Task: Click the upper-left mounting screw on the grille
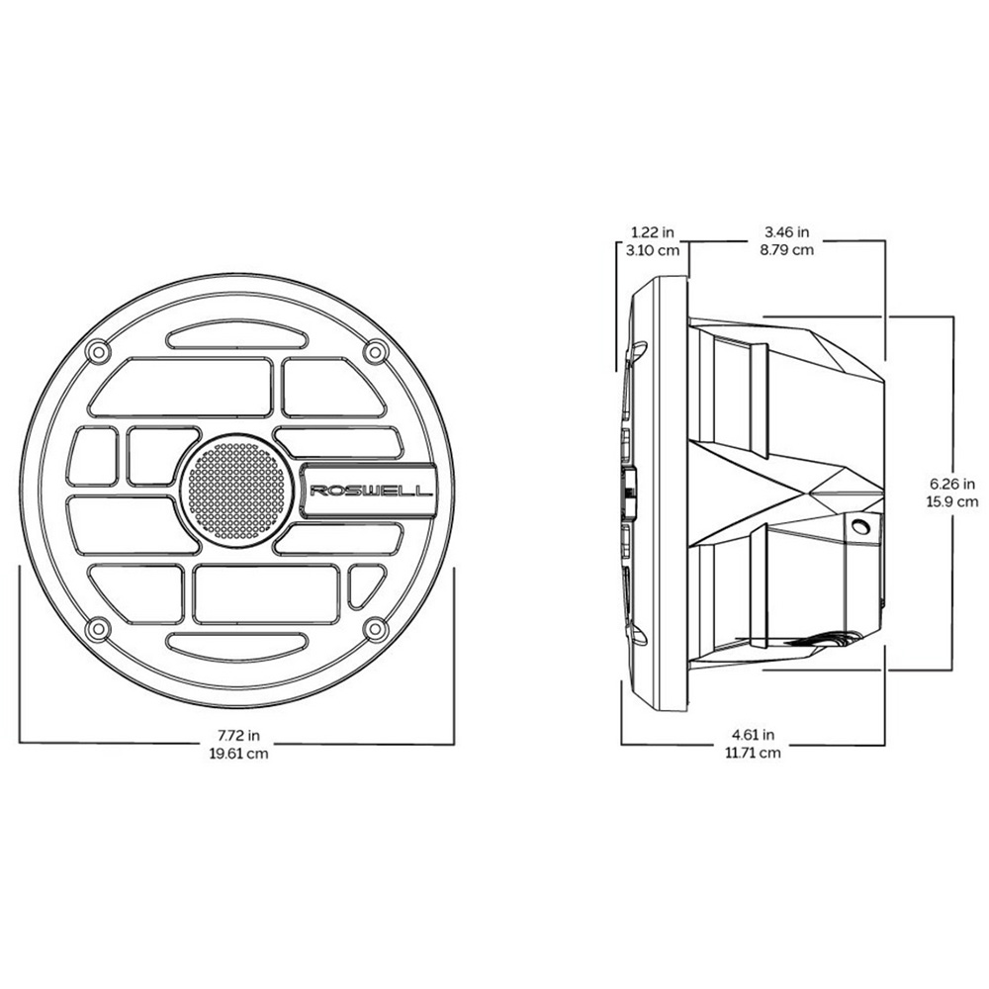coord(96,351)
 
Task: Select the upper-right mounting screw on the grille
coord(374,351)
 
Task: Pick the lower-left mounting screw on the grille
coord(96,628)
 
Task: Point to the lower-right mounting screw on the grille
coord(374,628)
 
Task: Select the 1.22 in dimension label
coord(653,232)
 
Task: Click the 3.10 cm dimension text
coord(653,250)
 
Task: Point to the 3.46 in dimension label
coord(786,232)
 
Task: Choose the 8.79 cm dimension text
coord(786,250)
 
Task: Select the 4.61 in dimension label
coord(753,736)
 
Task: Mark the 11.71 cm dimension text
coord(753,754)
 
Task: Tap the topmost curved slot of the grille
coord(235,338)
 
